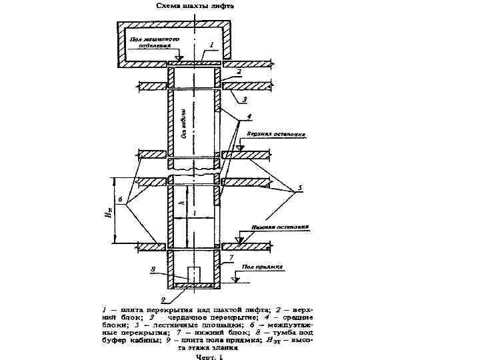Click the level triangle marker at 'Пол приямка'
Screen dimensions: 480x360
tap(235, 279)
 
